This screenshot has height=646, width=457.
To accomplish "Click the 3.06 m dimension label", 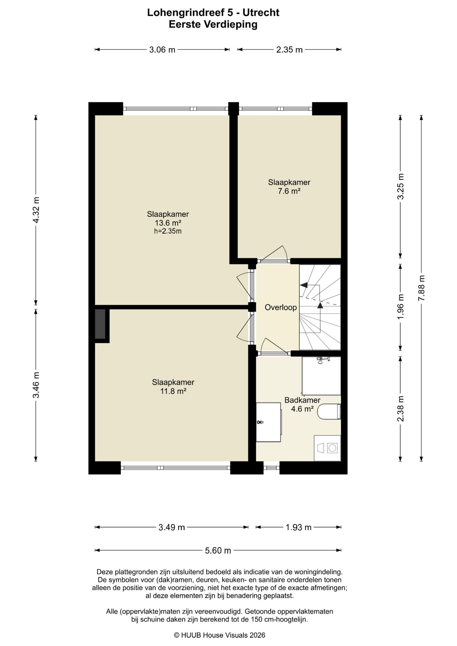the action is tap(162, 50).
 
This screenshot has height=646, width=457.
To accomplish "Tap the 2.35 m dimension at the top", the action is tap(289, 50).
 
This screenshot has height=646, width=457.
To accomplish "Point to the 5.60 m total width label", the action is tap(218, 550).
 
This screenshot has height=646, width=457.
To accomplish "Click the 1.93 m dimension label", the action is tap(298, 527).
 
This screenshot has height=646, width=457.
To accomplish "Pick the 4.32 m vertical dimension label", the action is tap(36, 210).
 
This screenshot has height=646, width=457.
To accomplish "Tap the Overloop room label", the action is tap(281, 307).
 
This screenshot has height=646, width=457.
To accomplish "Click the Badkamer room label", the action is tap(302, 400).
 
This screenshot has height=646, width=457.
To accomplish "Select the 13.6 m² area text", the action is tap(168, 223).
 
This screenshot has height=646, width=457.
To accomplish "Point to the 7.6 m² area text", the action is tap(289, 191).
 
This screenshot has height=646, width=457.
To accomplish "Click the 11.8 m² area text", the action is tap(173, 391).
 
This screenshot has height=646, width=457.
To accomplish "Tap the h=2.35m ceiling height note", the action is tap(168, 231).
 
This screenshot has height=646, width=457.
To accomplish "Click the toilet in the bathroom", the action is tap(329, 411).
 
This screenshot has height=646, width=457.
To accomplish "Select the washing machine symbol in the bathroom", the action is tap(327, 448).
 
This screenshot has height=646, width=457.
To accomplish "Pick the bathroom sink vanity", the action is tap(269, 422).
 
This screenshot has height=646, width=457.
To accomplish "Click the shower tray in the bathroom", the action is tap(321, 376).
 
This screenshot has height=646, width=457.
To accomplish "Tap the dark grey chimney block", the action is tap(100, 324).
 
